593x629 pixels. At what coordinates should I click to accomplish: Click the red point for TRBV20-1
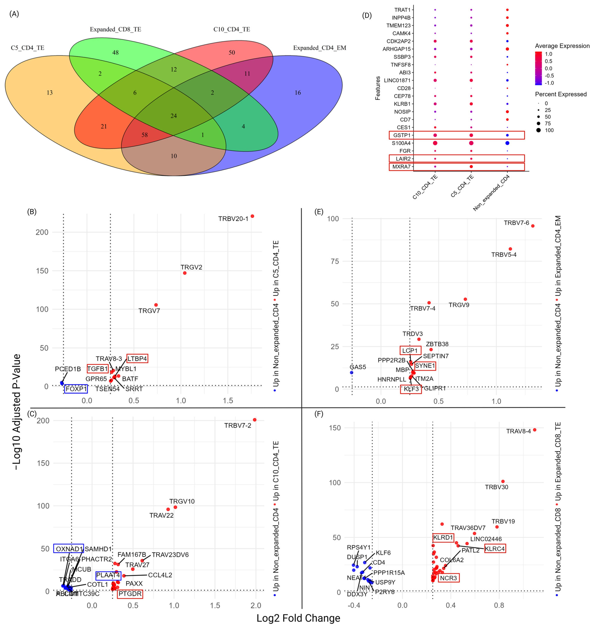click(x=252, y=216)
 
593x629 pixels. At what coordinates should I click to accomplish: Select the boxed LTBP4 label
click(x=137, y=358)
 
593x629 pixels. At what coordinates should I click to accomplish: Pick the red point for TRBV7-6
click(x=532, y=226)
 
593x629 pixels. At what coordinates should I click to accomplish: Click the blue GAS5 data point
click(x=352, y=373)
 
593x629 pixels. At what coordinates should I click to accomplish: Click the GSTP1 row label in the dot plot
click(x=401, y=135)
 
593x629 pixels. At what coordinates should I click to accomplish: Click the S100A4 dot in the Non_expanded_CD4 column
click(x=507, y=143)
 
